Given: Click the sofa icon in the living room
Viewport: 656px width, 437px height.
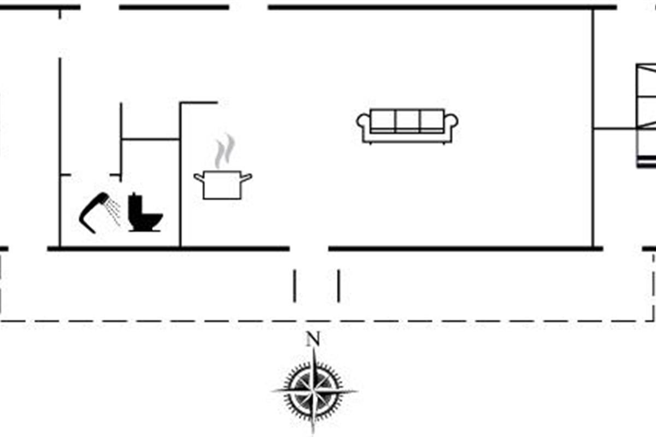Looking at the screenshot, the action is point(407,126).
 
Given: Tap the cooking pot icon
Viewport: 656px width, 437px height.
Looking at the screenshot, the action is point(222,185).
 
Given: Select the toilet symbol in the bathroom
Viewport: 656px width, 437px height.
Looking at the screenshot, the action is point(145,212).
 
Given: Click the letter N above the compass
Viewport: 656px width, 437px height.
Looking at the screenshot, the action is point(313,339).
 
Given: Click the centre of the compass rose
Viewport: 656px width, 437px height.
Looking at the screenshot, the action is point(314,391).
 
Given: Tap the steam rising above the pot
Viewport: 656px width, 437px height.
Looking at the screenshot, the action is point(225,150).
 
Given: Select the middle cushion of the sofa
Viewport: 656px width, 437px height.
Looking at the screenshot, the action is point(407,121).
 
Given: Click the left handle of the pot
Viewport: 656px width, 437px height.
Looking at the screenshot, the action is point(199,178).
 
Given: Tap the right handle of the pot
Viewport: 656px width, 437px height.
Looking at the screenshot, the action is point(247,178).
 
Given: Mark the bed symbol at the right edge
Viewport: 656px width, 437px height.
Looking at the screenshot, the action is point(646,116).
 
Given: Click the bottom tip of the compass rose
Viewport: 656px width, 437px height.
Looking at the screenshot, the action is point(313,434).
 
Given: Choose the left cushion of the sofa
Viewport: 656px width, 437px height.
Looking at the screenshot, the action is point(383,121).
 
